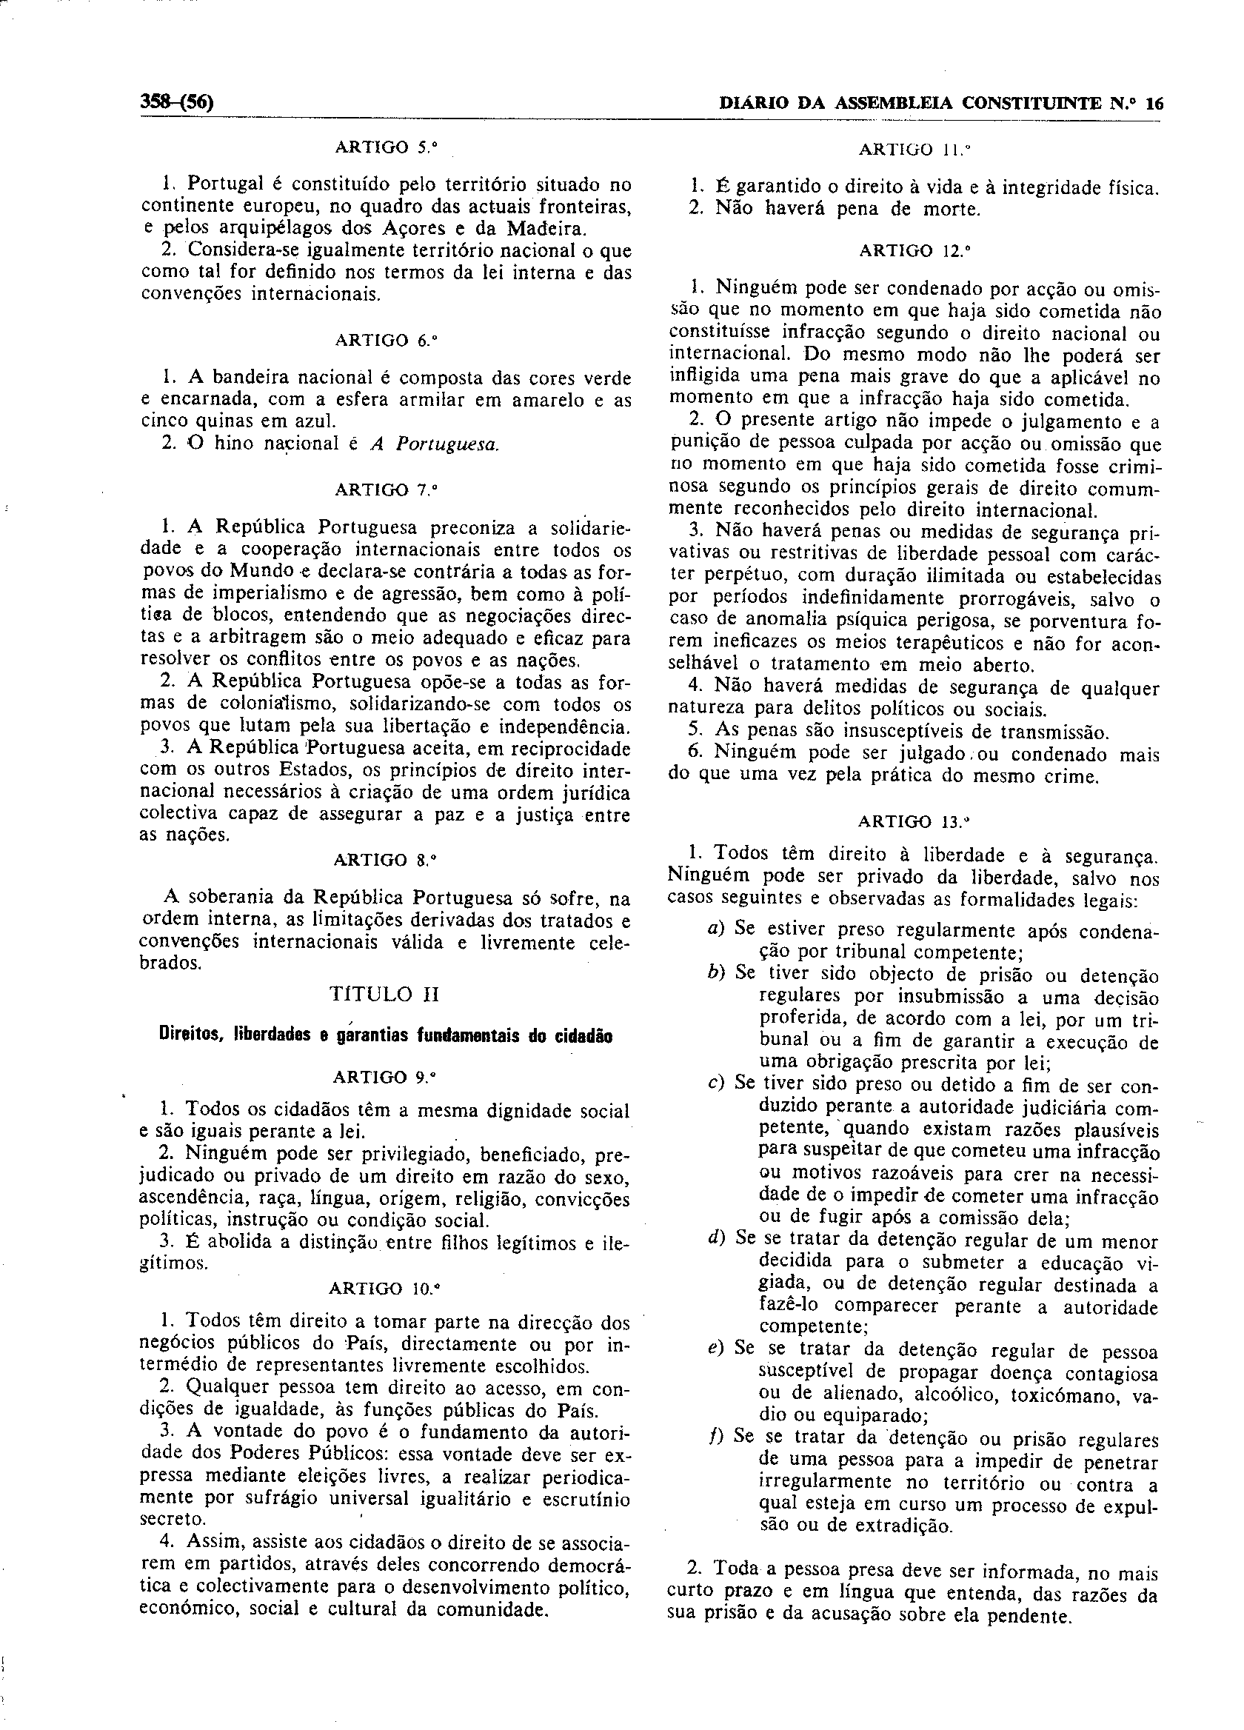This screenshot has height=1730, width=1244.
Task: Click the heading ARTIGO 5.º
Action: click(x=387, y=147)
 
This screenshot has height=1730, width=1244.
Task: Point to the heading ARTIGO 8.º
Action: click(x=385, y=860)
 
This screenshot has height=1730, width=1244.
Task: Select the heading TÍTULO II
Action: click(x=384, y=994)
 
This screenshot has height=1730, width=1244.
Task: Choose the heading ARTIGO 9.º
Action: click(x=385, y=1077)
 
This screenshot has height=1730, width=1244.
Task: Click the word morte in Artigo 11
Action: click(x=949, y=209)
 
